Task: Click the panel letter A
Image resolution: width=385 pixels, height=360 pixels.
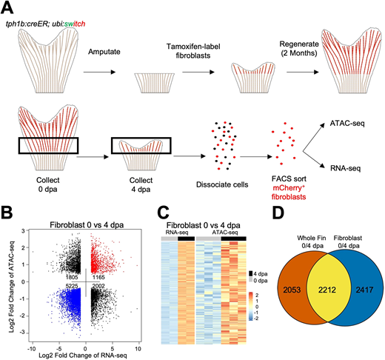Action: pos(7,8)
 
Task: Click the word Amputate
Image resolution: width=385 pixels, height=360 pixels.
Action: pos(104,52)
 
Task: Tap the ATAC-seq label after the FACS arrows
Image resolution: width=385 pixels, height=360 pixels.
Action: pos(347,123)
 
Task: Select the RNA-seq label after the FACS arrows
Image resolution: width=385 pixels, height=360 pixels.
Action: pos(346,168)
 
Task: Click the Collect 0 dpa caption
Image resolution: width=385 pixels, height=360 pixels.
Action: pos(48,184)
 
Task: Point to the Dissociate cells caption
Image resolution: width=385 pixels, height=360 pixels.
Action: pos(222,184)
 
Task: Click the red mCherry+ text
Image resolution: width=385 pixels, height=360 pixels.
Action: pos(289,188)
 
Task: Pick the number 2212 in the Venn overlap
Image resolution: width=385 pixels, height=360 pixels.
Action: pos(327,290)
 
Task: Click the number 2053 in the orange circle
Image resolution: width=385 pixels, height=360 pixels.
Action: pos(292,290)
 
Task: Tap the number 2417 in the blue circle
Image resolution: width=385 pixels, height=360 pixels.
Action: pos(364,290)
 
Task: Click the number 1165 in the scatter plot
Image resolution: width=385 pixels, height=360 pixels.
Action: pos(98,277)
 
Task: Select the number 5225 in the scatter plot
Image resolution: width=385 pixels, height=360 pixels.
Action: pos(72,286)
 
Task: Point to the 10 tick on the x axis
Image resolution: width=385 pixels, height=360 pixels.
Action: pos(138,349)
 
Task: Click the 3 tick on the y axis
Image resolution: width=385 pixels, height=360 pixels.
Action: pos(23,231)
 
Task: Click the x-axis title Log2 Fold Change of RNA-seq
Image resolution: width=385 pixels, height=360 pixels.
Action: pos(83,356)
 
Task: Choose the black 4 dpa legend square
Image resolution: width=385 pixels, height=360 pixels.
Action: pos(251,273)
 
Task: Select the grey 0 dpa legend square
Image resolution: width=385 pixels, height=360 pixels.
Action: pos(251,281)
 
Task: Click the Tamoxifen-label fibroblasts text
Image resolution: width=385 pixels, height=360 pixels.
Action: pos(193,51)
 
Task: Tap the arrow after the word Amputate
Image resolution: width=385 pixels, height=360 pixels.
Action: pos(99,72)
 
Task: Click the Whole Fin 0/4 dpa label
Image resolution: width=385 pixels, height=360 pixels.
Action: pos(311,241)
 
